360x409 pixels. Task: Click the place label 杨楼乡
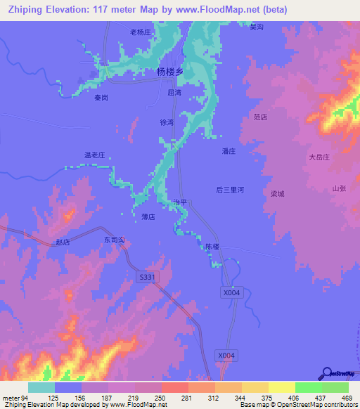tap(169, 72)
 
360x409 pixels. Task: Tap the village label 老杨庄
tap(141, 32)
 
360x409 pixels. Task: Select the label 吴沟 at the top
tap(256, 27)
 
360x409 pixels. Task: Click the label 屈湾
tap(174, 92)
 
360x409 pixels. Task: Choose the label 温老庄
tap(94, 154)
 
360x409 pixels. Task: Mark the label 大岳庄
tap(319, 157)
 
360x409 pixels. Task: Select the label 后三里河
tap(229, 190)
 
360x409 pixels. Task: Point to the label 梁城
tap(277, 193)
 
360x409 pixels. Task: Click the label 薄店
tap(148, 216)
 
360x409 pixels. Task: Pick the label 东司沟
tap(114, 240)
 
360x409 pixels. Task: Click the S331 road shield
tap(146, 278)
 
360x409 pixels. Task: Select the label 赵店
tap(63, 242)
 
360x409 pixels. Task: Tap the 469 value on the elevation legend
tap(347, 398)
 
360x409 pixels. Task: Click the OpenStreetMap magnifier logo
tap(328, 375)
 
